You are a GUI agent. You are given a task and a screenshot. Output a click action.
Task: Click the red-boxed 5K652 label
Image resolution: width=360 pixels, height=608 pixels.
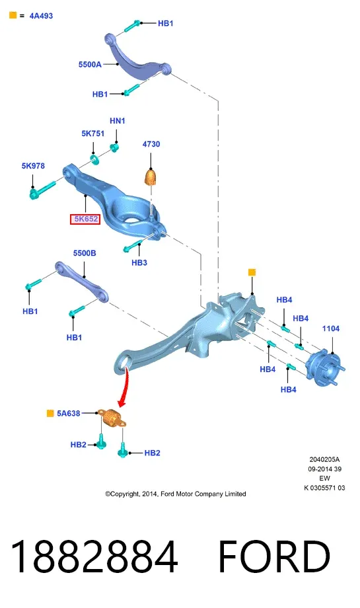coord(85,219)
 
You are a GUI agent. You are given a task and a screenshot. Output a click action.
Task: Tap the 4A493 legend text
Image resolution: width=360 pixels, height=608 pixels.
coord(41,16)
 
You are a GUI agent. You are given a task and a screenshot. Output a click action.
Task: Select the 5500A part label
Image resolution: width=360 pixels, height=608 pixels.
coord(90,64)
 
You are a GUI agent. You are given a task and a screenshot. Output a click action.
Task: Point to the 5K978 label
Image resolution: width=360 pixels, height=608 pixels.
coord(33,166)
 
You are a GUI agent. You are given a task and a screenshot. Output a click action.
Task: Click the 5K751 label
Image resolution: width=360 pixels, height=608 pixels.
coord(93,133)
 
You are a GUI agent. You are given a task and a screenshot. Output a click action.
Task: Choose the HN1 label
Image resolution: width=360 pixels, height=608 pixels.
coord(118,121)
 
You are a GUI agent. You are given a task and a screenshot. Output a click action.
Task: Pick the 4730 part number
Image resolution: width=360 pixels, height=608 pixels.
coord(151,144)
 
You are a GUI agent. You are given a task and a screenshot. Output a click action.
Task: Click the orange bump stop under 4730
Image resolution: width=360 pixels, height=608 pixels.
coord(151,177)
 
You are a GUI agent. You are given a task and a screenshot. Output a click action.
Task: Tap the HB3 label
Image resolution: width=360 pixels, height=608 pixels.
coord(139,262)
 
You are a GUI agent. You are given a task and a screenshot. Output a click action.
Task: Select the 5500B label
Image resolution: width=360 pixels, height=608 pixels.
coord(85,253)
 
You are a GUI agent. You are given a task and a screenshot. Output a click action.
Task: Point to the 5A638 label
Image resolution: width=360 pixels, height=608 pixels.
coord(69,413)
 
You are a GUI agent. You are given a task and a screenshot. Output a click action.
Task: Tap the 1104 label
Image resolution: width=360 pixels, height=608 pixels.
coord(331,329)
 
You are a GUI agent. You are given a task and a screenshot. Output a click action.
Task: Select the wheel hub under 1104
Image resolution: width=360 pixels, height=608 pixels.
coord(325,368)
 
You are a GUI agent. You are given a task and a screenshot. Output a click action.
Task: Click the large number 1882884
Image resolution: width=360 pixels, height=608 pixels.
coord(94,556)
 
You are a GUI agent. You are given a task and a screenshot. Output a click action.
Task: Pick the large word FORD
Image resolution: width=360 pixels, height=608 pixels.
coord(274,556)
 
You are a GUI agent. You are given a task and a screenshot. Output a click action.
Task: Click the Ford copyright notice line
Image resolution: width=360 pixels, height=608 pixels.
coord(176,494)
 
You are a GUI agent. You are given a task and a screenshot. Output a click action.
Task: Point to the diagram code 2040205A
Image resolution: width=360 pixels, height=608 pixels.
coord(324,459)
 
